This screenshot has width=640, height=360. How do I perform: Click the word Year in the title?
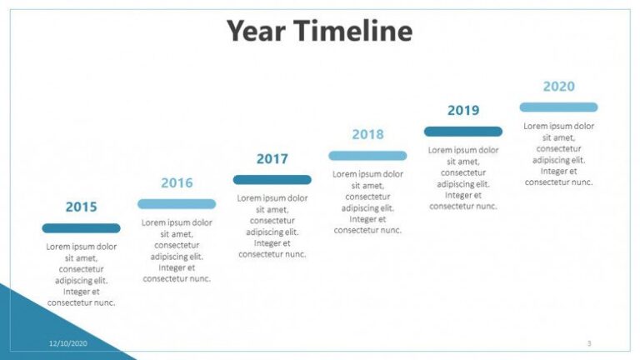pos(257,32)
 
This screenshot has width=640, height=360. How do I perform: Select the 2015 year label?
pos(81,207)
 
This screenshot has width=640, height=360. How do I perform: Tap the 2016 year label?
pos(177,182)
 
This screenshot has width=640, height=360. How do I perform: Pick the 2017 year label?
pos(272,158)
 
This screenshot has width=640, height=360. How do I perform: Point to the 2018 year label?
pos(367,134)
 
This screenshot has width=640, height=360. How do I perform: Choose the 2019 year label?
pos(463,110)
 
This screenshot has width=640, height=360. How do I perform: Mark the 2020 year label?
pos(558,86)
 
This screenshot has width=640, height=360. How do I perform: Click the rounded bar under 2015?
pos(81,227)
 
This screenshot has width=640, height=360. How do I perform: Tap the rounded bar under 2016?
pos(177,203)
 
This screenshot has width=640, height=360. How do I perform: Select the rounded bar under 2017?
pos(272,179)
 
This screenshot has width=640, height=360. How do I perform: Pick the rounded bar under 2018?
pos(367,155)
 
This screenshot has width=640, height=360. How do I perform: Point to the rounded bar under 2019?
pos(463,131)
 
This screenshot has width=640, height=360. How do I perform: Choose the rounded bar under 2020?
pos(558,107)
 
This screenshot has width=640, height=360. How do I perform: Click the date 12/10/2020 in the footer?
pos(67,342)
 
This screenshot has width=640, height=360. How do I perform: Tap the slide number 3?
pos(589,342)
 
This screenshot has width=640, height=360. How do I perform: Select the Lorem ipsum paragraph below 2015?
pos(81,274)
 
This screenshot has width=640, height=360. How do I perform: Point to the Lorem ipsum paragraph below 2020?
pos(558,154)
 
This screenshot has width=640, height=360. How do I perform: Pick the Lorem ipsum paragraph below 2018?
pos(367,202)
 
